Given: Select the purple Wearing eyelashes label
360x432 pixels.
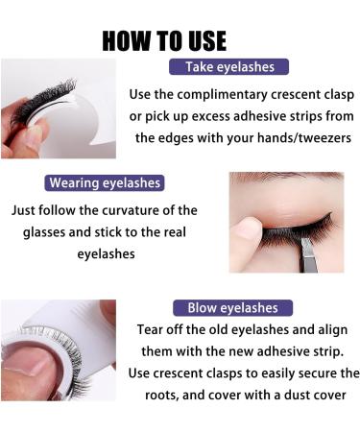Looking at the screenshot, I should click(x=105, y=182).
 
